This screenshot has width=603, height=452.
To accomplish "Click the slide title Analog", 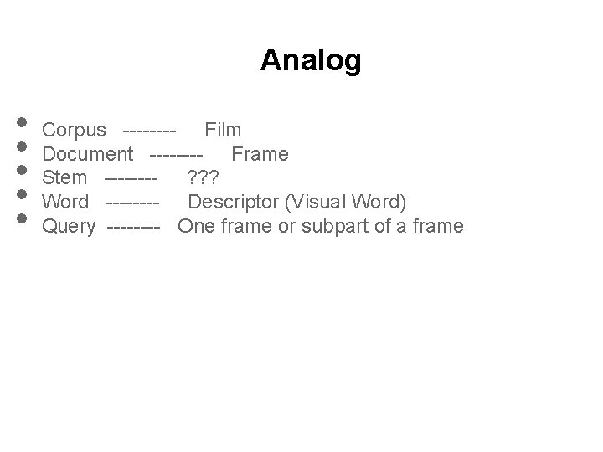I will tap(311, 60).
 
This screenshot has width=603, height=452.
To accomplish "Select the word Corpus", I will tap(74, 131).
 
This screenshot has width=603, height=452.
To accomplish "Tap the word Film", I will tap(224, 130).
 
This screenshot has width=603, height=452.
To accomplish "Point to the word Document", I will tap(87, 154).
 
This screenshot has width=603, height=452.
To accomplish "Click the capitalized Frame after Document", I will tap(260, 154).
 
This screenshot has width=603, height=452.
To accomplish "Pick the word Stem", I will tap(64, 178).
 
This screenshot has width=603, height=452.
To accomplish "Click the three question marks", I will tap(204, 178).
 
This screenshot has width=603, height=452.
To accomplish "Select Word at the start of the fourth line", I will tap(65, 202).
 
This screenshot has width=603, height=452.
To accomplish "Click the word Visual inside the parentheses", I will tap(316, 202).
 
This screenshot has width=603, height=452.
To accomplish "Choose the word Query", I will tap(69, 226).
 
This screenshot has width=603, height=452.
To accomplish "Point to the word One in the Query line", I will tap(196, 226).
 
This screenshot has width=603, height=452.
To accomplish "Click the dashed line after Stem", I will tap(131, 178).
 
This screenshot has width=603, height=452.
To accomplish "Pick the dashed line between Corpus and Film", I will tap(148, 131).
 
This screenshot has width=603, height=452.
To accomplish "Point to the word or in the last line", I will tap(286, 226).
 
